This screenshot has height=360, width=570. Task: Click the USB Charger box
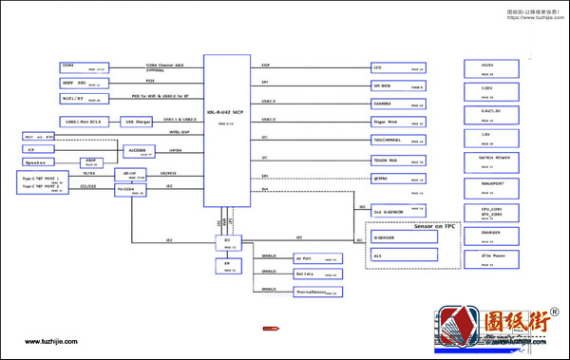[138, 122]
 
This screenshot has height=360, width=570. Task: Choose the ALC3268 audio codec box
[136, 150]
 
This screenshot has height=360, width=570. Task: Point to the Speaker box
[39, 162]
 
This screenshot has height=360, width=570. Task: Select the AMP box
[90, 161]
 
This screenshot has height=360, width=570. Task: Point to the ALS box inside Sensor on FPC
[404, 256]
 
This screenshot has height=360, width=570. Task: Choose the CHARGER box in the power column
[491, 233]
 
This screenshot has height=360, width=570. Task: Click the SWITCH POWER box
[491, 159]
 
